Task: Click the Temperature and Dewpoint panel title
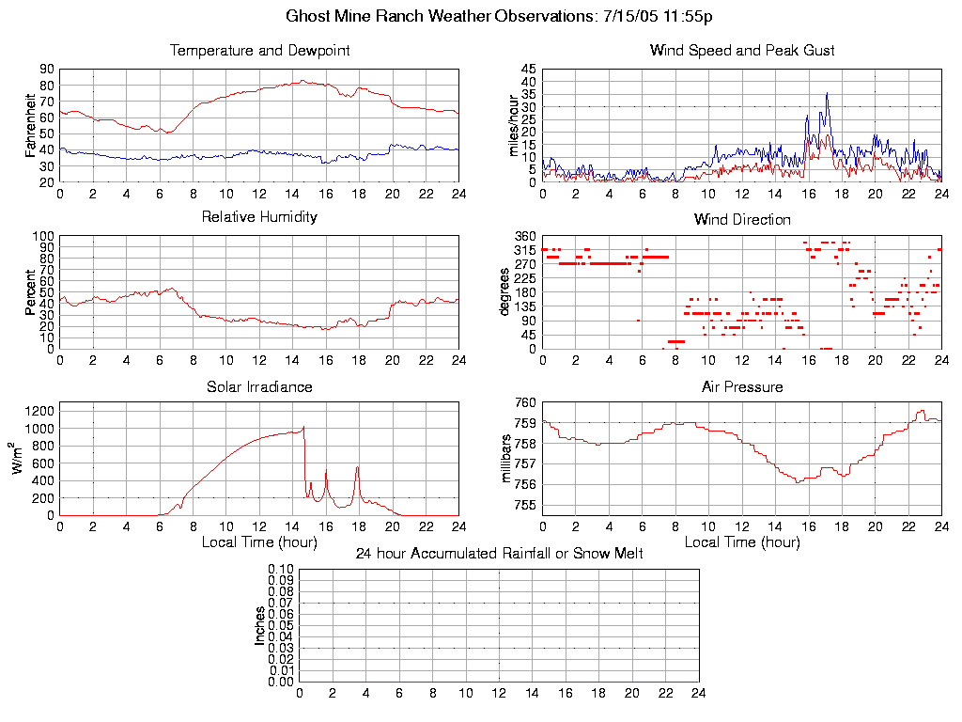[x=259, y=51]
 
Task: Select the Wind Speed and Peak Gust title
[x=742, y=51]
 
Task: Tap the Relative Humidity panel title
[x=259, y=217]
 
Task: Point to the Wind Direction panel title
[x=742, y=220]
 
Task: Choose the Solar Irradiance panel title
[x=259, y=386]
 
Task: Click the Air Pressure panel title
[x=742, y=386]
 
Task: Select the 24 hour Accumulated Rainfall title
[x=499, y=554]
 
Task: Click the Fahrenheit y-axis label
[x=31, y=125]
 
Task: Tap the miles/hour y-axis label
[x=514, y=126]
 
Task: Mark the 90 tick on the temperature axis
[x=46, y=70]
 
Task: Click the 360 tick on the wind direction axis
[x=524, y=236]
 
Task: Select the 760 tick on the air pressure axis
[x=524, y=402]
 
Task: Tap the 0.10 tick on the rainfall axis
[x=281, y=569]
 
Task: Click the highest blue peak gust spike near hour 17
[x=827, y=93]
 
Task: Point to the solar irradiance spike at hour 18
[x=357, y=467]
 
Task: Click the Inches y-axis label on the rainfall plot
[x=260, y=625]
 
